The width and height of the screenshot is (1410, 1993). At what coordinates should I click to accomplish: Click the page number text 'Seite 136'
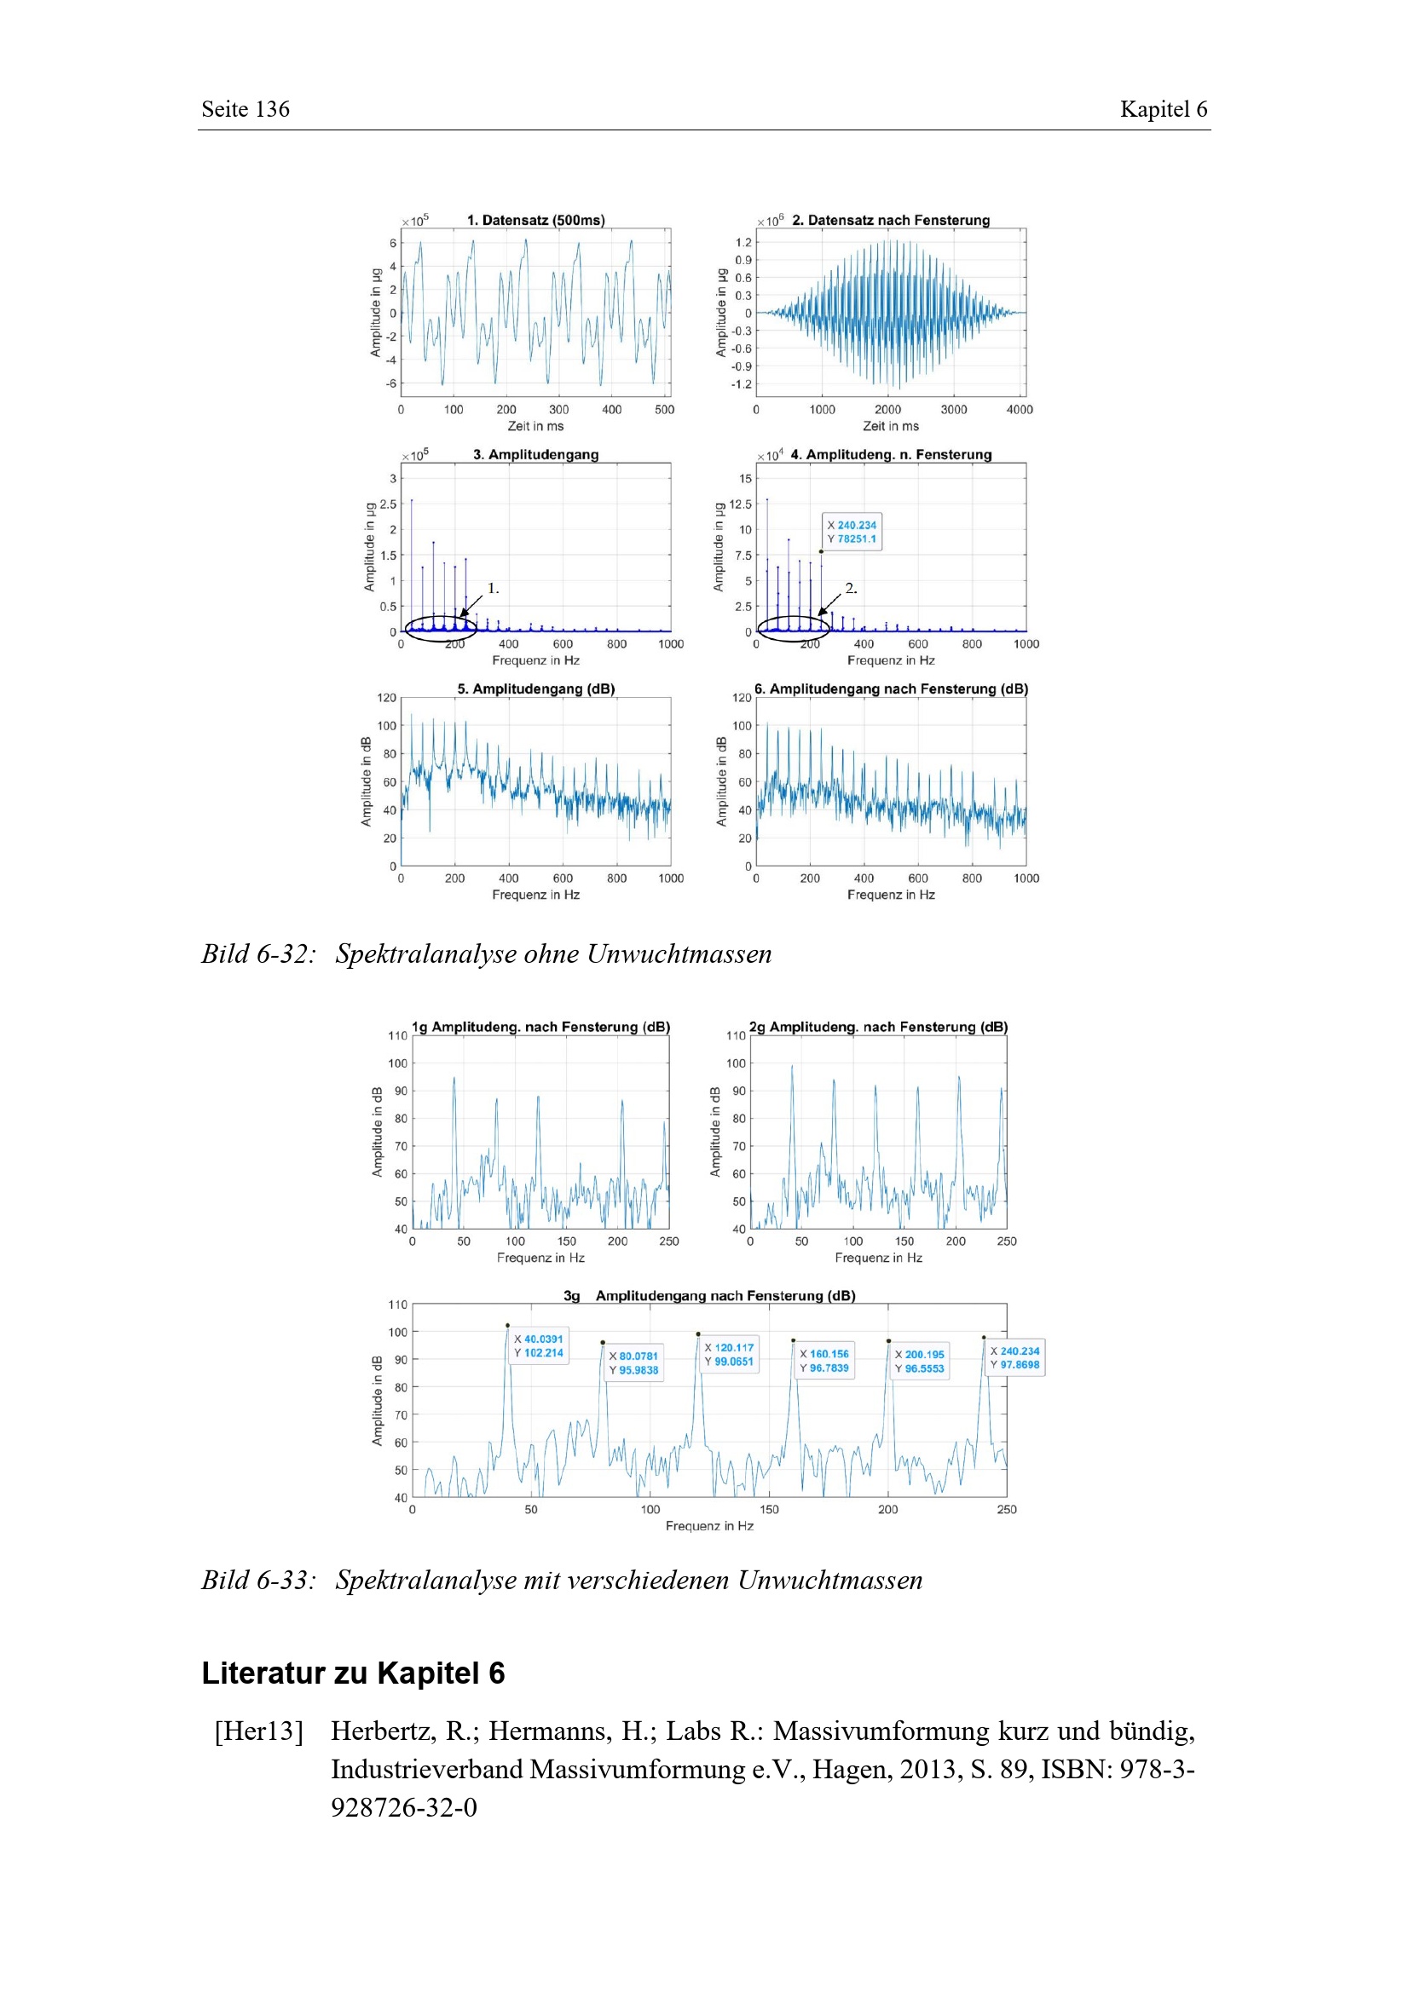[246, 109]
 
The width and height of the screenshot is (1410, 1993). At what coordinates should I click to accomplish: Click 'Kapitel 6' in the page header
[1164, 109]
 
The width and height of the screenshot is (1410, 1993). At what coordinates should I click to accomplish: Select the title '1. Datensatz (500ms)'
[535, 221]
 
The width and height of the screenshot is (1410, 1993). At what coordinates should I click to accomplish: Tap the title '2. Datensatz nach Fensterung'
[891, 221]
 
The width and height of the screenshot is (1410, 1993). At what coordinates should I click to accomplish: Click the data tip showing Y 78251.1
[852, 532]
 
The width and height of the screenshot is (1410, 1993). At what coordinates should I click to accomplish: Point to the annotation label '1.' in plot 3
[493, 589]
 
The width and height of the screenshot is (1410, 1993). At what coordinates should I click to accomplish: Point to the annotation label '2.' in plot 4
[851, 589]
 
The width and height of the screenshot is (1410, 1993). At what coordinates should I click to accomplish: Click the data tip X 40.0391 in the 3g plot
[538, 1346]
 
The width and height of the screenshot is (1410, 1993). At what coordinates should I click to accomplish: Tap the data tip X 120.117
[730, 1355]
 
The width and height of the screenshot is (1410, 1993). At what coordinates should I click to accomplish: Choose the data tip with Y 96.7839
[825, 1361]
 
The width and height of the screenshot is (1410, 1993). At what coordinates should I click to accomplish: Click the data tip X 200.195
[920, 1362]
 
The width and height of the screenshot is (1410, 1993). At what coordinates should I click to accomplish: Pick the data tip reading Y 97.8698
[1015, 1358]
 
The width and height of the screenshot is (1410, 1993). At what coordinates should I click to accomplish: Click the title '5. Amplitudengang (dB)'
[536, 689]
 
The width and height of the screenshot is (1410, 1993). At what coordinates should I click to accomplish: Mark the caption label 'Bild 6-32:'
[257, 954]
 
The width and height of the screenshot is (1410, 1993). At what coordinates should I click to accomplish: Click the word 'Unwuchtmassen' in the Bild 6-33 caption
[830, 1580]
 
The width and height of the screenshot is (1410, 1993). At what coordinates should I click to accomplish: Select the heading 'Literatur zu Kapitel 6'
[354, 1673]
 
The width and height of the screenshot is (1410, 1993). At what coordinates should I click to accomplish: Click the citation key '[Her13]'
[259, 1731]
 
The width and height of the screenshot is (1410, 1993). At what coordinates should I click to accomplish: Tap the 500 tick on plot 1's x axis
[664, 410]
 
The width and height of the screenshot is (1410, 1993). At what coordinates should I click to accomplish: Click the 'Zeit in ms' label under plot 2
[891, 426]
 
